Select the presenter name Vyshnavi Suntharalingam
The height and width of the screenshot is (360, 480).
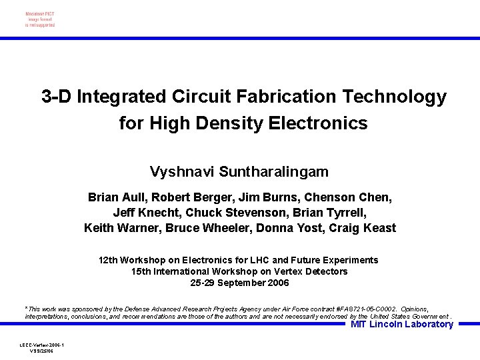239,172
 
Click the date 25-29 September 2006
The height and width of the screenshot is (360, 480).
240,283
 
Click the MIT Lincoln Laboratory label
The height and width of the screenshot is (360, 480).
402,325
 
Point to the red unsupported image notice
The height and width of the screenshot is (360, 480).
40,19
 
